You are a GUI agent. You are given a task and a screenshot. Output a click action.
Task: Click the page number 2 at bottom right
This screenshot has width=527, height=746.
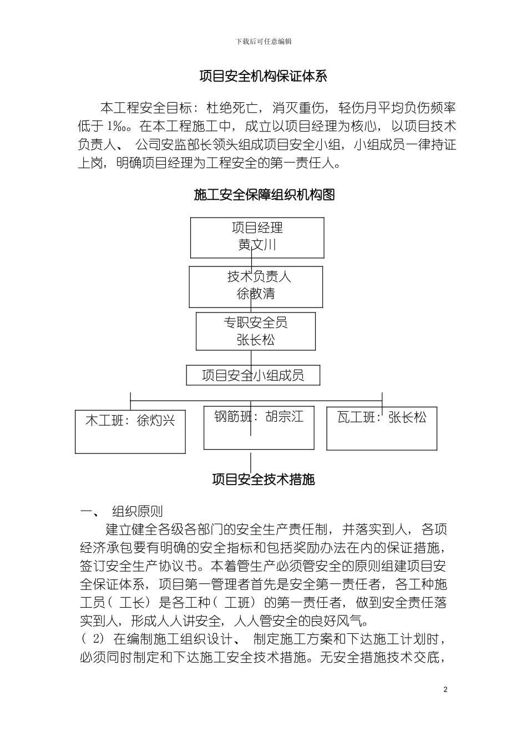point(445,690)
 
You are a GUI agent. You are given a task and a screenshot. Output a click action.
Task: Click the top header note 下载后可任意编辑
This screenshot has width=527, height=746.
point(263,42)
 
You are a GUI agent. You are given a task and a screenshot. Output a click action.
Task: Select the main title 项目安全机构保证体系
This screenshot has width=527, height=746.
point(263,77)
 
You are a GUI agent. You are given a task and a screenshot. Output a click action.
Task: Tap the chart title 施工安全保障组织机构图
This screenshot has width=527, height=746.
point(264,194)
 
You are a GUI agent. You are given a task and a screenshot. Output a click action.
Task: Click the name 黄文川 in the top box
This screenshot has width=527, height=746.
point(257,245)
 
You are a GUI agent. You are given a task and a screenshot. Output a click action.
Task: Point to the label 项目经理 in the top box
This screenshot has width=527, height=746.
point(257,228)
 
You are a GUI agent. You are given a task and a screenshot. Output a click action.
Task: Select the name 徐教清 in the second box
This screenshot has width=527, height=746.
point(256,294)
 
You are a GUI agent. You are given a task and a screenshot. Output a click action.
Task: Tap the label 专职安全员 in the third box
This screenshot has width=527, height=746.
point(256,322)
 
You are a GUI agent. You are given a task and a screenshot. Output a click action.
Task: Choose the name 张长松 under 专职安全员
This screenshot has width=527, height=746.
point(256,340)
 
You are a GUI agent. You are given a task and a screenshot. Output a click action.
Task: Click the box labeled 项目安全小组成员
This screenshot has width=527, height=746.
point(253,376)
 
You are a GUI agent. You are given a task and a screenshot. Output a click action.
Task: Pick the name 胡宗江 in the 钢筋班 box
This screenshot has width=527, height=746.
point(285,416)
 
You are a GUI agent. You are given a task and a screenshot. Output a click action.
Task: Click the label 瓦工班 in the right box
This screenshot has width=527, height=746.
point(356,417)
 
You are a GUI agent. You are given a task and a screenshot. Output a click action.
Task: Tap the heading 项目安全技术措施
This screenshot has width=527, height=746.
point(263,479)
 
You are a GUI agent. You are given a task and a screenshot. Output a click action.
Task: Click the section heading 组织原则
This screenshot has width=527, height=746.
point(137,511)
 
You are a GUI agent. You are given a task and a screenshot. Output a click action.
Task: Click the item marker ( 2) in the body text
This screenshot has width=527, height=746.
point(93,638)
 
